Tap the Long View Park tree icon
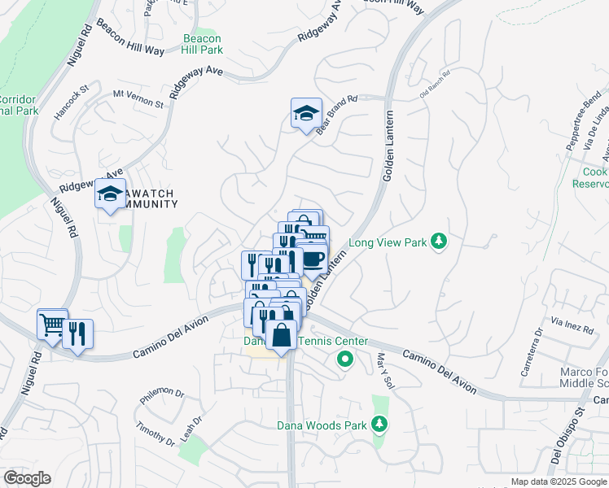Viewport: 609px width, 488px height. [x=439, y=242]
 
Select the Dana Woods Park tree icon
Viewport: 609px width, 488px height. [x=379, y=424]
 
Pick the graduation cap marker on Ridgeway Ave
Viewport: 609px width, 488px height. [x=110, y=194]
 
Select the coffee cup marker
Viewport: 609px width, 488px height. [x=313, y=259]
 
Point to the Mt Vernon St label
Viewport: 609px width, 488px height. [x=138, y=99]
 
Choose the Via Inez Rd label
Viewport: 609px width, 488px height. [x=572, y=325]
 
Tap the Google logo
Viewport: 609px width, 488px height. [x=26, y=478]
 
